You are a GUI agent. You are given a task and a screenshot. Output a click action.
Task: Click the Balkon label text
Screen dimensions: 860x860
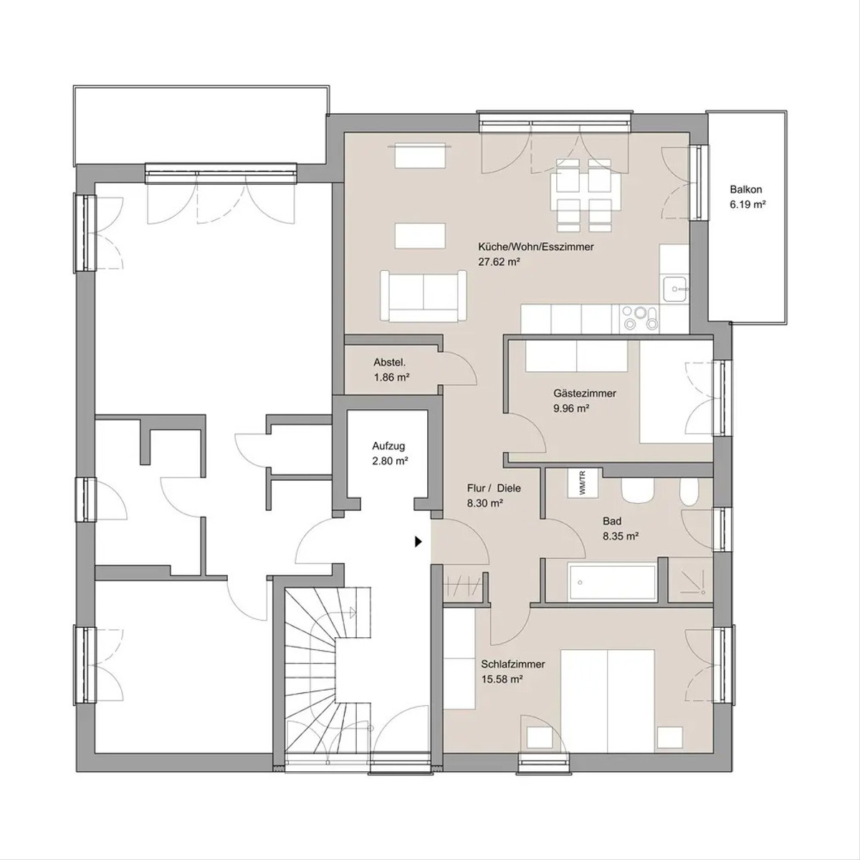(746, 189)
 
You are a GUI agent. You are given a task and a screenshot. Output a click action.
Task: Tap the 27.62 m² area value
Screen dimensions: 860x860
(500, 262)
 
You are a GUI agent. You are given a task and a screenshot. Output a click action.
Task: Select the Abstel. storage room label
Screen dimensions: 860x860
(390, 362)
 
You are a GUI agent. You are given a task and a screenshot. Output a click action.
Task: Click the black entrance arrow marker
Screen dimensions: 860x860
(418, 542)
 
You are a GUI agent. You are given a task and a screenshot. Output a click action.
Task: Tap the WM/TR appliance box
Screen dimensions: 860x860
(583, 482)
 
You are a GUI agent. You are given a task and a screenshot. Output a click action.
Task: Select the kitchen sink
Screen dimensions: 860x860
(674, 290)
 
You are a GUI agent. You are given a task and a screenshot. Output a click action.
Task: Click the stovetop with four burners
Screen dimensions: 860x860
(639, 318)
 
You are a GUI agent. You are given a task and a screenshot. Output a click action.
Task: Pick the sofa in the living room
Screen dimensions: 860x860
(423, 296)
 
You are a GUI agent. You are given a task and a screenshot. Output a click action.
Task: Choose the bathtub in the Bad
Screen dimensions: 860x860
(612, 583)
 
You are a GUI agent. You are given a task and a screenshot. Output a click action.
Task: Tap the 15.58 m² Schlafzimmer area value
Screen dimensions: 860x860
(502, 679)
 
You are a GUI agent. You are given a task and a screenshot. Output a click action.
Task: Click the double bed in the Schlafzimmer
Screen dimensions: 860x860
(608, 701)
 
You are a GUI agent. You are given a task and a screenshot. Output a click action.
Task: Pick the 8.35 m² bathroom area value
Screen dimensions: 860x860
(621, 536)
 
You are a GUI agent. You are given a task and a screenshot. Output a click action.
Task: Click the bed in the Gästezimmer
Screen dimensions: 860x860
(676, 392)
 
